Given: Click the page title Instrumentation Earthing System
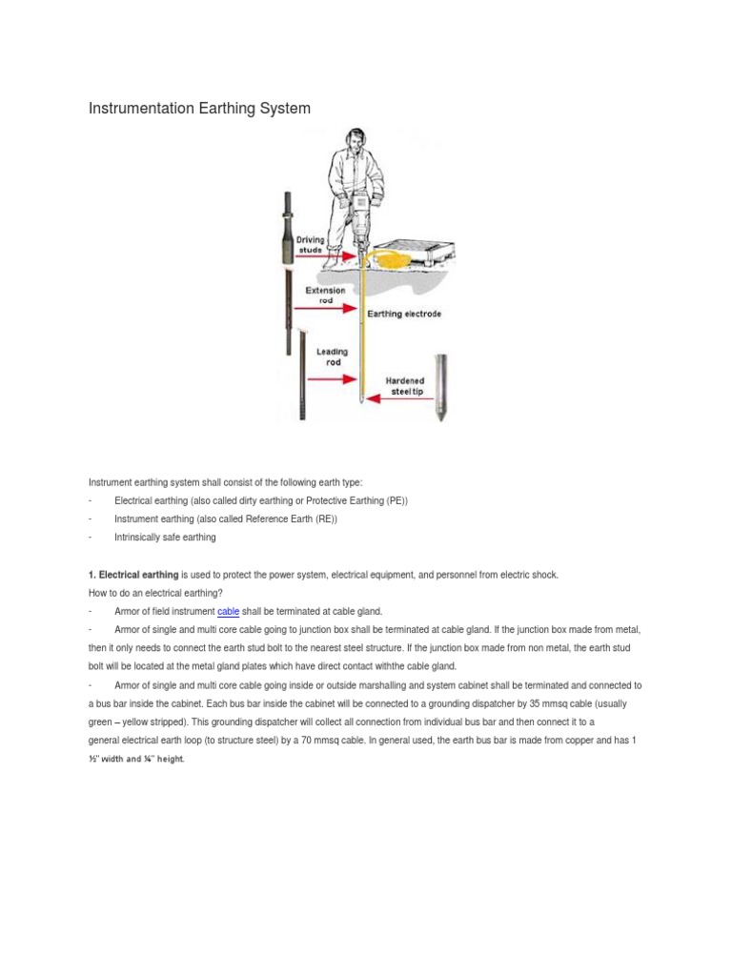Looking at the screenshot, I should (x=199, y=109).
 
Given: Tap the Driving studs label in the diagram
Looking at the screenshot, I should (x=310, y=245).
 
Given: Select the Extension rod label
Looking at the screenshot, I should (x=325, y=295).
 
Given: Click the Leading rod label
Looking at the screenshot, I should (x=332, y=357).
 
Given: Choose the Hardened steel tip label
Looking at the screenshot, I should (x=406, y=386).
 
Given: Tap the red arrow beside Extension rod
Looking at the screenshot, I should (x=328, y=309).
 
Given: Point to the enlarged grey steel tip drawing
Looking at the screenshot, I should (x=440, y=386).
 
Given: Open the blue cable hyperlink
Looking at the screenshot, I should (x=228, y=611).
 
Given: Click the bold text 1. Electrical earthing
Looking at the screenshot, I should (x=133, y=575).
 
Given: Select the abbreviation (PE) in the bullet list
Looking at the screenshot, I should (x=396, y=501).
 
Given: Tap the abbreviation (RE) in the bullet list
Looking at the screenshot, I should (x=324, y=519).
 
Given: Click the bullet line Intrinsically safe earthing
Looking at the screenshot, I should (x=165, y=538).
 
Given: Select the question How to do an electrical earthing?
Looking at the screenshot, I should (x=155, y=593).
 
